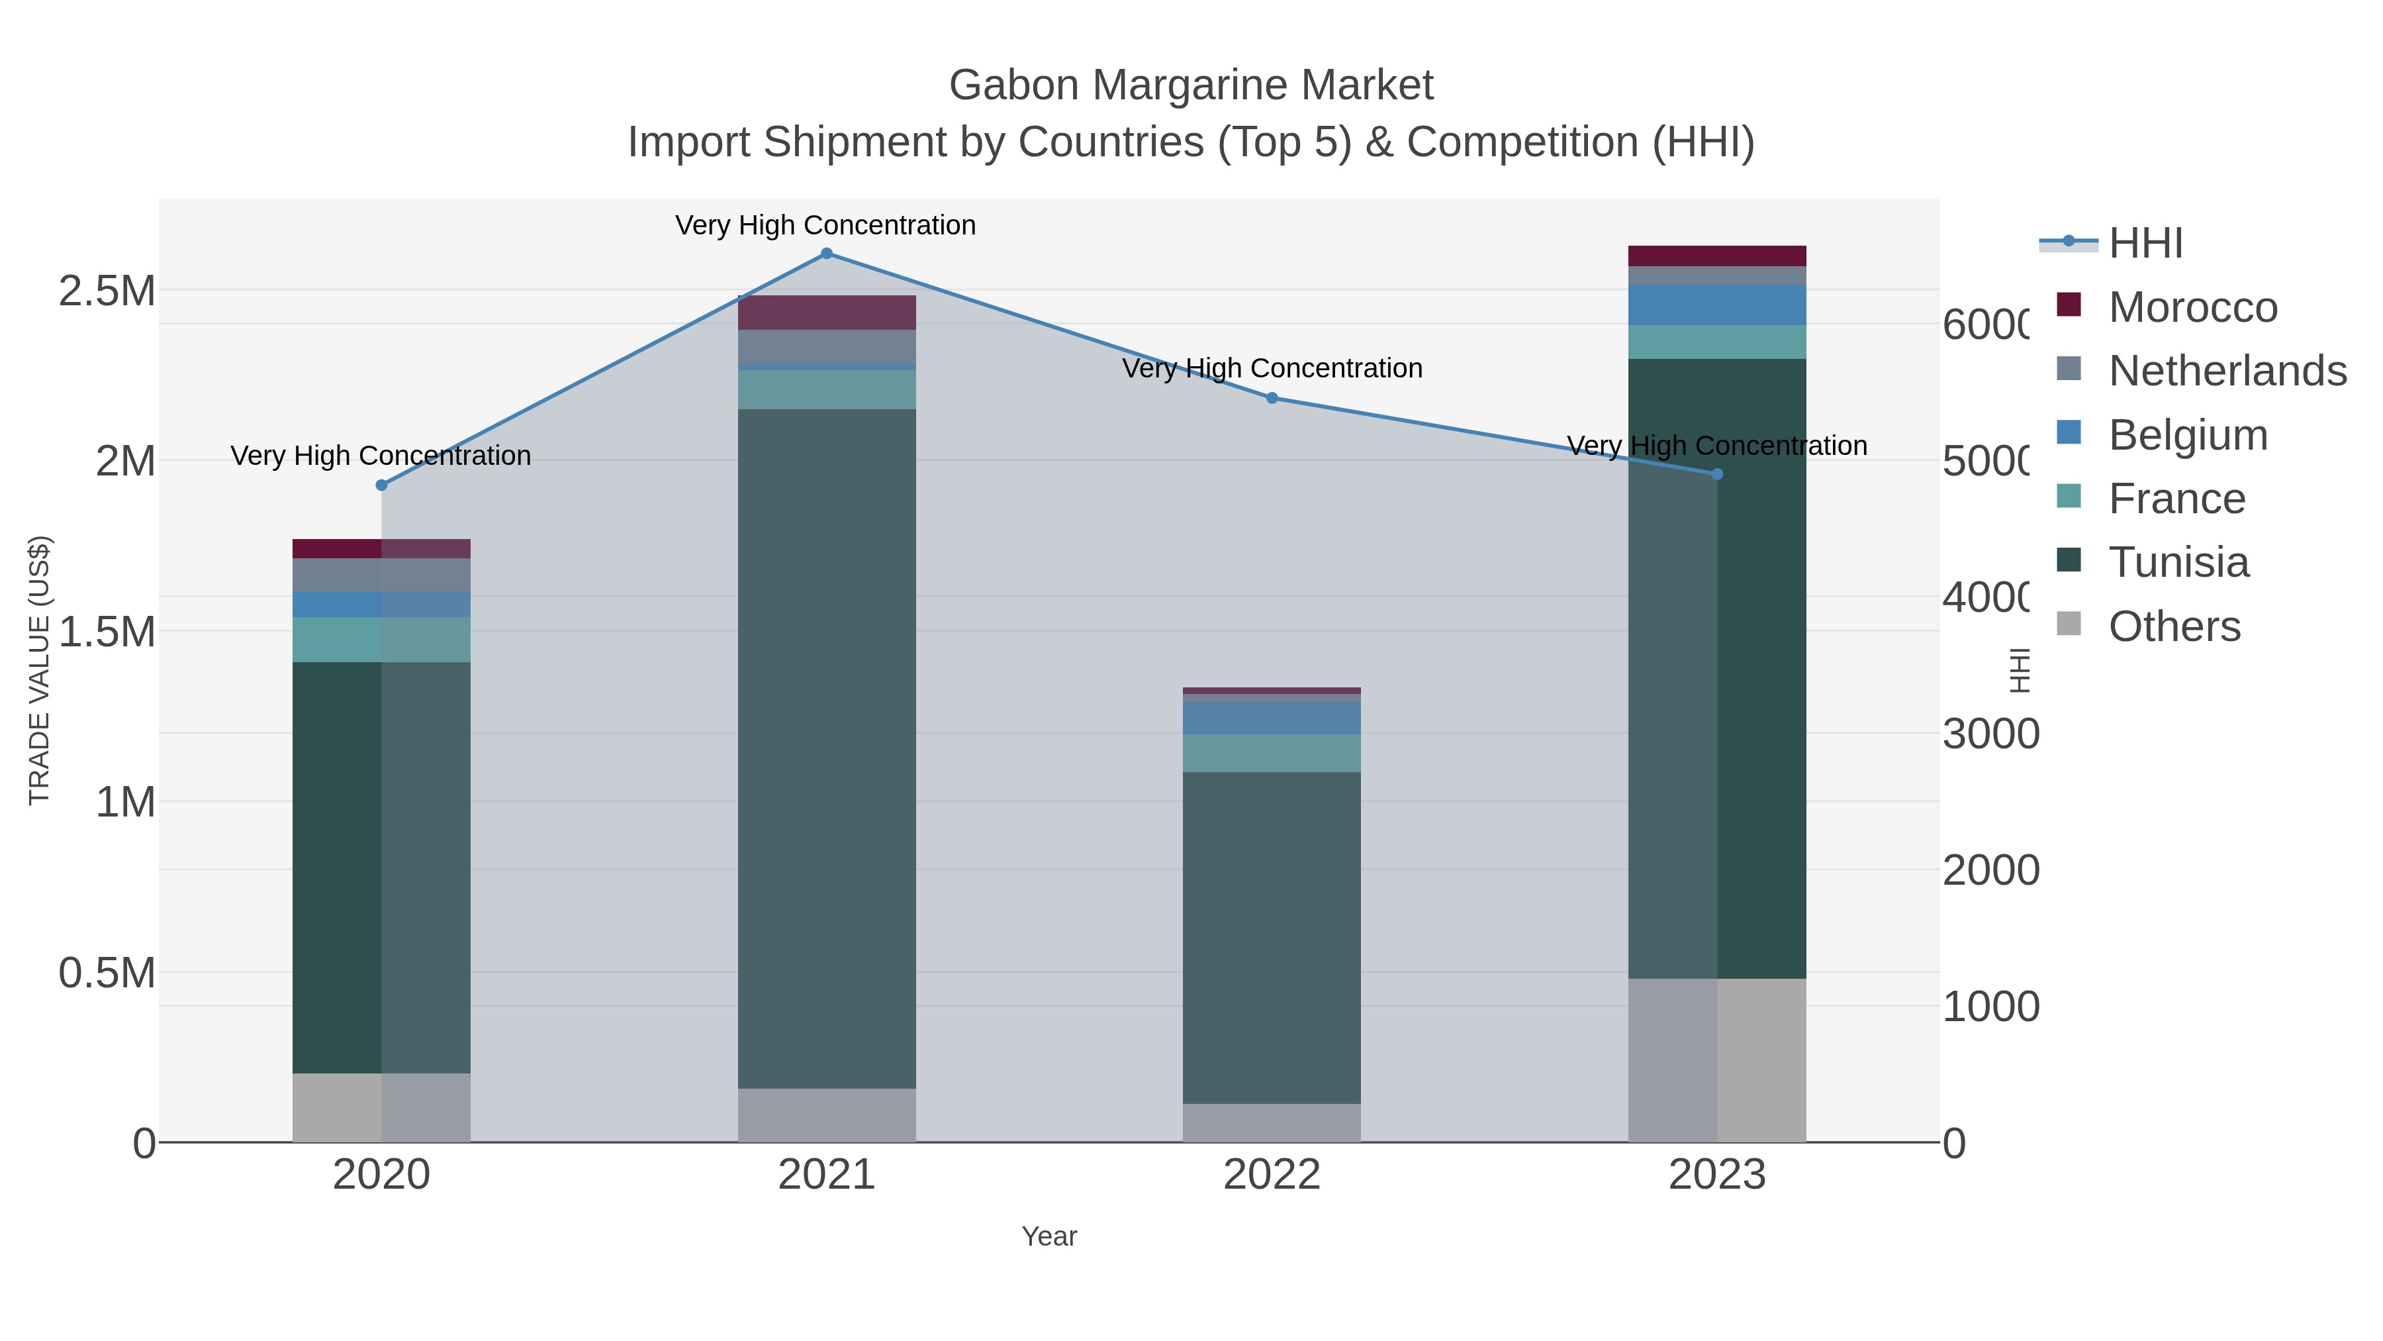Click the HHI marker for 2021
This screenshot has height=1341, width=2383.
click(x=826, y=254)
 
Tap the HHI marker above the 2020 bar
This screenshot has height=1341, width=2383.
click(x=381, y=485)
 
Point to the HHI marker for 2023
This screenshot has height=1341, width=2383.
click(x=1717, y=474)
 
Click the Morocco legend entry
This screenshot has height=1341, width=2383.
click(x=2192, y=307)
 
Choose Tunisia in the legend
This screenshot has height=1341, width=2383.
click(x=2178, y=562)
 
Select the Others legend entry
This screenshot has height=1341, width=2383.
click(x=2174, y=626)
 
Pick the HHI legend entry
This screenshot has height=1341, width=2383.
click(x=2145, y=244)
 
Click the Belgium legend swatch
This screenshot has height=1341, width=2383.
click(x=2069, y=433)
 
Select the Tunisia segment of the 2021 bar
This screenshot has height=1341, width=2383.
click(x=826, y=748)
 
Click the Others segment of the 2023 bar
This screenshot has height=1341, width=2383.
click(x=1717, y=1060)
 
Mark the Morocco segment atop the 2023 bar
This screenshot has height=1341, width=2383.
click(x=1717, y=256)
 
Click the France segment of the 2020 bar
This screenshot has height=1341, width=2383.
click(x=381, y=640)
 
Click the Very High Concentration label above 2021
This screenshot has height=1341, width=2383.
click(x=825, y=225)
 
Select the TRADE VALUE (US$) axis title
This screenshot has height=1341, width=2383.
click(x=39, y=670)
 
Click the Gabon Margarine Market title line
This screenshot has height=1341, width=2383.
click(x=1191, y=85)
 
